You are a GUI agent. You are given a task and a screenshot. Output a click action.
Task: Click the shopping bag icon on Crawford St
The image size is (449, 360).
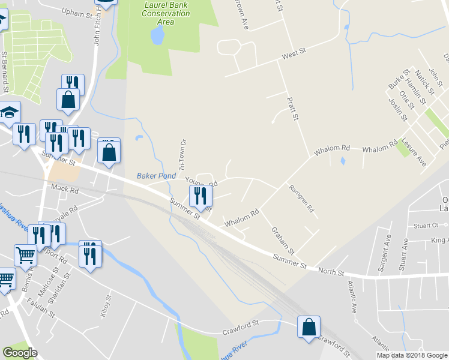(x=309, y=328)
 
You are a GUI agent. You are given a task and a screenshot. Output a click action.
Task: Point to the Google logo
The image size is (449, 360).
(x=20, y=353)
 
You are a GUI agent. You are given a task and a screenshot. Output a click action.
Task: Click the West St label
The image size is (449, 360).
(x=294, y=54)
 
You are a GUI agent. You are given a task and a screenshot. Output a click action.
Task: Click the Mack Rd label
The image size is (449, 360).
(x=65, y=189)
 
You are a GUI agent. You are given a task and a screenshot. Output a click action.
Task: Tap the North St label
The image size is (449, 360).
(x=331, y=272)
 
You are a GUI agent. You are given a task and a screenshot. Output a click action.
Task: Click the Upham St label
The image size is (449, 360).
(x=77, y=11)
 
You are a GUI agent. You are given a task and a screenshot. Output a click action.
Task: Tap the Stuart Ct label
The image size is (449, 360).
(x=426, y=226)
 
